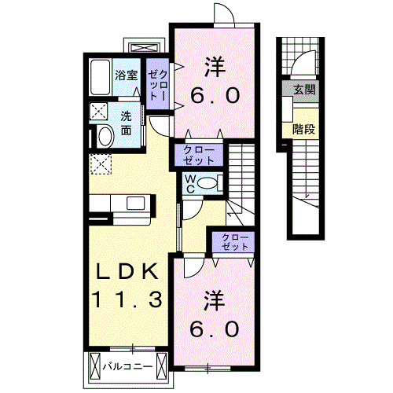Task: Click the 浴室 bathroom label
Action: [x=127, y=76]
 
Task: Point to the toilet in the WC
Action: [x=208, y=183]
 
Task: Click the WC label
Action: [x=189, y=183]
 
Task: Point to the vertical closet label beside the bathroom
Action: [x=158, y=83]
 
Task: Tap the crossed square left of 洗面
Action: [x=100, y=111]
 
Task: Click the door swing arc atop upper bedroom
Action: [x=224, y=14]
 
